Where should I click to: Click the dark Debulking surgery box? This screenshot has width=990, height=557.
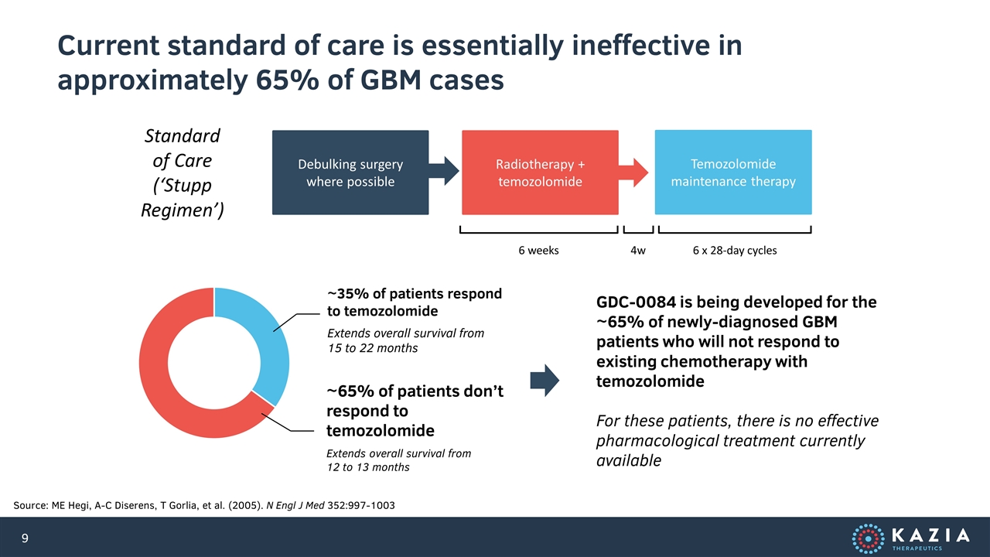[350, 173]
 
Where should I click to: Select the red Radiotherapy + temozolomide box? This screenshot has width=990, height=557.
[540, 173]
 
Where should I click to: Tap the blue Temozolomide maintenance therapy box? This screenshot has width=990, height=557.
[733, 173]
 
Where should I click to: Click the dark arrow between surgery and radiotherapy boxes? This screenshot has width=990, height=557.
[444, 171]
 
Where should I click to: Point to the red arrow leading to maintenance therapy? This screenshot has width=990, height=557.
[633, 173]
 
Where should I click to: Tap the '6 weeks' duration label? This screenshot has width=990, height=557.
[538, 251]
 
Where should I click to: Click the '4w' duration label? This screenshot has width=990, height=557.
[638, 251]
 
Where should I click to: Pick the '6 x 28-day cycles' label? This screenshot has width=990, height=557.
[735, 251]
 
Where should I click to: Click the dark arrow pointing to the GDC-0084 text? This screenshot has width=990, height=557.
[544, 380]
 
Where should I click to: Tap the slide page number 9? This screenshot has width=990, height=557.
[25, 538]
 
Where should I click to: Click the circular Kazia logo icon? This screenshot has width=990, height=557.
[868, 538]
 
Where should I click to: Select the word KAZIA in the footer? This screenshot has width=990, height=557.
[930, 535]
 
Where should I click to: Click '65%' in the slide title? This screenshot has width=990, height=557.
[287, 80]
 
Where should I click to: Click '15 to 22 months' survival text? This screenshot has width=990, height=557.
[373, 348]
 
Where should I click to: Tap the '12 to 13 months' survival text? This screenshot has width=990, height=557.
[368, 467]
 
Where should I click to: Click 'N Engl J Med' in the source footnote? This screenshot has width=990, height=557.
[295, 505]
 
